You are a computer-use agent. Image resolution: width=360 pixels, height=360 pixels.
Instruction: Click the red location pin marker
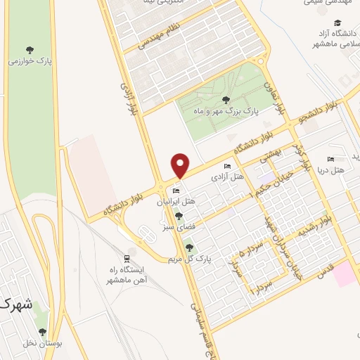(x=181, y=165)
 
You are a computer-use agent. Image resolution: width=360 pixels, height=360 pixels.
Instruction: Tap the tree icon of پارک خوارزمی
(x=29, y=49)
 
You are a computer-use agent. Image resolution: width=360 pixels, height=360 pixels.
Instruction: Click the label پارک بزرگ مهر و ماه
(x=227, y=110)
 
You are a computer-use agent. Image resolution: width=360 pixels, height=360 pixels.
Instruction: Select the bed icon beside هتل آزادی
(x=226, y=167)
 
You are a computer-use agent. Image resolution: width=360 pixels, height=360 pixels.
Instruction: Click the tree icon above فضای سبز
(x=179, y=217)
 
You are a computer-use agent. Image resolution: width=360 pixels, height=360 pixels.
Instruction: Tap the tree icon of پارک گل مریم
(x=188, y=247)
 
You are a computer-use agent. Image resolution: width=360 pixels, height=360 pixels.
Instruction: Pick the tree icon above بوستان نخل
(x=42, y=332)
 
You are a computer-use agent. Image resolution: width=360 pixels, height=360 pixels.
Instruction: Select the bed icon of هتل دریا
(x=331, y=159)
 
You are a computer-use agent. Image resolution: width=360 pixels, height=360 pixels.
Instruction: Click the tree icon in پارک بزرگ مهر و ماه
(x=225, y=100)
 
